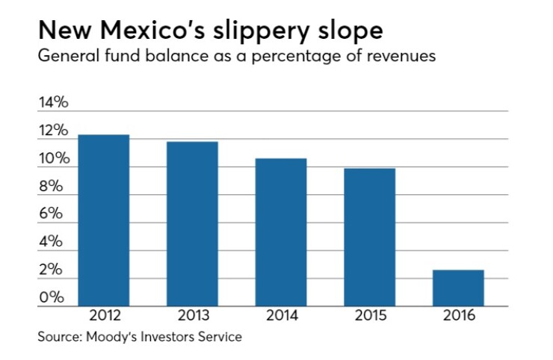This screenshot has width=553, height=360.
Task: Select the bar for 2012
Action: pyautogui.click(x=104, y=220)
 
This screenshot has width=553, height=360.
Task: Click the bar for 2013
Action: pyautogui.click(x=192, y=224)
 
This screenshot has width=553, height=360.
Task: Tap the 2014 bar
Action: pyautogui.click(x=281, y=232)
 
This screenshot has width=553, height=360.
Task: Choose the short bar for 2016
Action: pyautogui.click(x=458, y=288)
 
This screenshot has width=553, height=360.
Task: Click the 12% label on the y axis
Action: pyautogui.click(x=53, y=131)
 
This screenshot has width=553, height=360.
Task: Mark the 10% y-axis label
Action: pyautogui.click(x=53, y=159)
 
